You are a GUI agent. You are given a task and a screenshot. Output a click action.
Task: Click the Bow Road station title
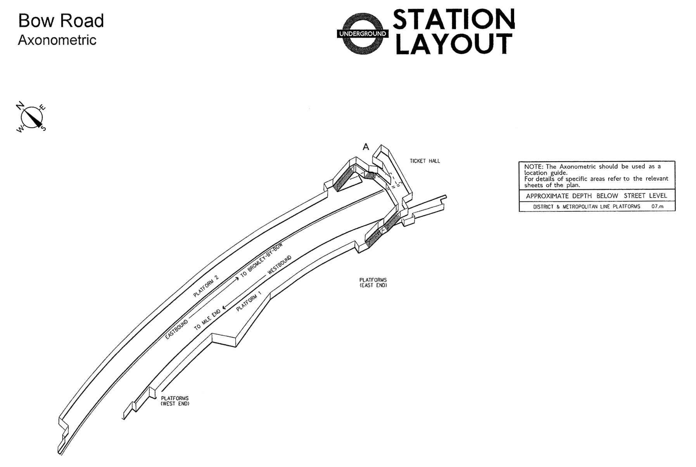(61, 21)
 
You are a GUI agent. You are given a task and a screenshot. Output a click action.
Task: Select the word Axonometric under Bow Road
(57, 40)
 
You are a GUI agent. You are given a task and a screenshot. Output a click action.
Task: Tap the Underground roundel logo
(363, 34)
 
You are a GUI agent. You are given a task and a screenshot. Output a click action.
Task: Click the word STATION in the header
(454, 19)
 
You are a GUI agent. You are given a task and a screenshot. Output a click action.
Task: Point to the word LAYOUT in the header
(453, 43)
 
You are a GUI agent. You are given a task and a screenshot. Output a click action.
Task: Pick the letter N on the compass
(20, 105)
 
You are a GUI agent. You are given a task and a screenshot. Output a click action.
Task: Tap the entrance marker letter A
(366, 147)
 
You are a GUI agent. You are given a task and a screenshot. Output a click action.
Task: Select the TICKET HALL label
(425, 161)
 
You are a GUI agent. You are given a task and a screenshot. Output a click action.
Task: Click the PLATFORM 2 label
(206, 286)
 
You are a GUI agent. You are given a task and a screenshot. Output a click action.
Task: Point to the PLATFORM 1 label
(249, 301)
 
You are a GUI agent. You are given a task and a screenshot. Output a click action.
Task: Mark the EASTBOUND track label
(176, 329)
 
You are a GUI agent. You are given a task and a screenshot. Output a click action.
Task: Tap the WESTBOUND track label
(279, 265)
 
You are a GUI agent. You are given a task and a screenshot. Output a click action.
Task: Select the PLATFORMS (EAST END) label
(373, 282)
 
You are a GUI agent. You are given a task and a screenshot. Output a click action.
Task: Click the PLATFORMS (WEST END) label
(175, 401)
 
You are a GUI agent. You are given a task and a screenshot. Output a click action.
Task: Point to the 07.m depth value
(657, 206)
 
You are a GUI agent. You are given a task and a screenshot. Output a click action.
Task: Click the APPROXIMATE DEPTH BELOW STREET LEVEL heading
(596, 196)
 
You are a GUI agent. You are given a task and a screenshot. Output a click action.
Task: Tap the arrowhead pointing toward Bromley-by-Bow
(237, 279)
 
